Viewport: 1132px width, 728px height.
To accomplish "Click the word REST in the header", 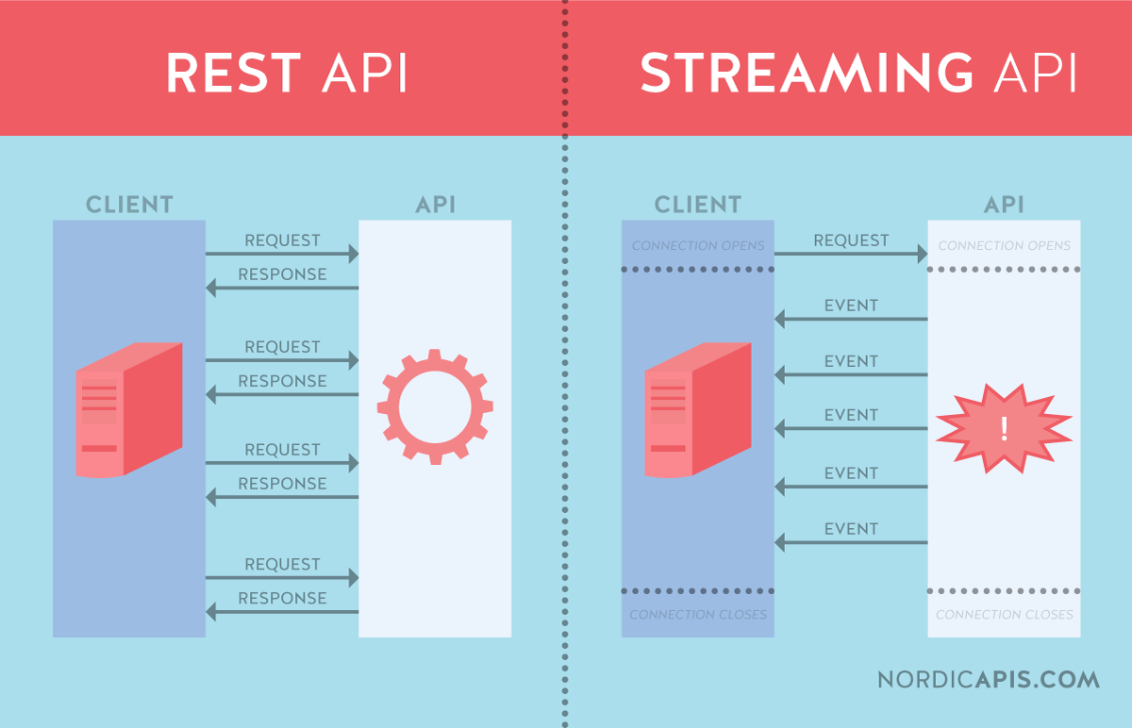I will point(234,73).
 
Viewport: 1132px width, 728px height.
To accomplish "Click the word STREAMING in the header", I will point(806,73).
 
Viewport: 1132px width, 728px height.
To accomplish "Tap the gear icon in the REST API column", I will point(435,407).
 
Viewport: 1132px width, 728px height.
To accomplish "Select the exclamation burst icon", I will point(1004,428).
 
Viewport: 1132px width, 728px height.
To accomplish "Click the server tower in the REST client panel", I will point(127,410).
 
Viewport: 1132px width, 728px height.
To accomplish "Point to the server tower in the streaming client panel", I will point(697,410).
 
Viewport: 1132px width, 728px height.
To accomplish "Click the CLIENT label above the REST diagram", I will point(129,205).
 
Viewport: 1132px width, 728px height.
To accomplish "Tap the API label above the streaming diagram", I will point(1004,205).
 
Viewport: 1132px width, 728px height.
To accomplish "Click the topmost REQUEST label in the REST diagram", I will point(282,240).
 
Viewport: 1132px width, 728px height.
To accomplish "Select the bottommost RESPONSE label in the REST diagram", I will point(282,598).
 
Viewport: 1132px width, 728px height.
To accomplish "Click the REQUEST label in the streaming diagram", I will point(851,240).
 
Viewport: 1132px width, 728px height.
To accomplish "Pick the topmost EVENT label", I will point(851,306).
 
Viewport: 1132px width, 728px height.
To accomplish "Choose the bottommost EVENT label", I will point(851,529).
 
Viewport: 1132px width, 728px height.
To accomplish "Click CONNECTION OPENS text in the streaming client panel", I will point(698,246).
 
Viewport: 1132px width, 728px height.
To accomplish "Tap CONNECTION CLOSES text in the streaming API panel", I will point(1004,615).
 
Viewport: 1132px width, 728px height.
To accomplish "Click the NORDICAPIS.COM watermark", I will point(988,679).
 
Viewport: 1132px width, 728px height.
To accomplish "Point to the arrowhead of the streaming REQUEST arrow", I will point(921,254).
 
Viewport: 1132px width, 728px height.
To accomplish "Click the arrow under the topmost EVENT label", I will point(851,320).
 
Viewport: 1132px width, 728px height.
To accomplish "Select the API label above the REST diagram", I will point(435,205).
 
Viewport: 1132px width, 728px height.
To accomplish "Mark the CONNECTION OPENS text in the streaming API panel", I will point(1004,246).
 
